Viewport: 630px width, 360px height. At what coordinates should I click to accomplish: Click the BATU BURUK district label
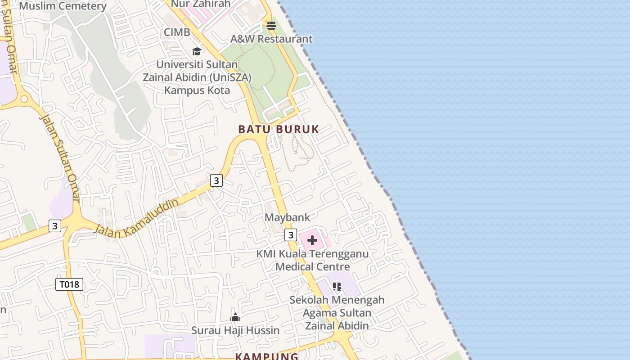(279, 129)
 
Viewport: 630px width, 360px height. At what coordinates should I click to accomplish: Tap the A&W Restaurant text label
(271, 39)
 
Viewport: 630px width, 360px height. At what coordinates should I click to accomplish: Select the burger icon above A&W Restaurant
(271, 26)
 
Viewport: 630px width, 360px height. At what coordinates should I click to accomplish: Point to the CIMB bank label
(177, 32)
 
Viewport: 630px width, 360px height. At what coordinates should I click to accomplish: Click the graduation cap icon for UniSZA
(197, 51)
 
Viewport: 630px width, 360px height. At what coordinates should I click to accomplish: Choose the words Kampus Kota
(197, 90)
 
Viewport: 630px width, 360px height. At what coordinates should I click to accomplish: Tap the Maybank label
(287, 217)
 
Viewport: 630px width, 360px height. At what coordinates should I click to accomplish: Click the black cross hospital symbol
(312, 240)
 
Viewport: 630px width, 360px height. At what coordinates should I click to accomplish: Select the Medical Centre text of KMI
(312, 266)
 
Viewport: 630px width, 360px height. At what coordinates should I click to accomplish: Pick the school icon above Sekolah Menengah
(337, 286)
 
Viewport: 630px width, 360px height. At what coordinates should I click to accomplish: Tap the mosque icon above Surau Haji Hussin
(235, 318)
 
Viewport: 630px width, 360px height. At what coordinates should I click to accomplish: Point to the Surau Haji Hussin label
(235, 330)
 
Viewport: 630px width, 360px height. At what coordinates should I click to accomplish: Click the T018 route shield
(69, 284)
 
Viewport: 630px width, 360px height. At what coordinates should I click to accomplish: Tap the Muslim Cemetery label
(63, 6)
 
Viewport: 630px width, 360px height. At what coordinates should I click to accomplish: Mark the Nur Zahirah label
(201, 4)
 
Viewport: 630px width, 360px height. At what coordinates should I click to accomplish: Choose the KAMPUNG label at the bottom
(266, 356)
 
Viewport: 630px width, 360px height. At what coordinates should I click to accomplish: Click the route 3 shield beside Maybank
(291, 235)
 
